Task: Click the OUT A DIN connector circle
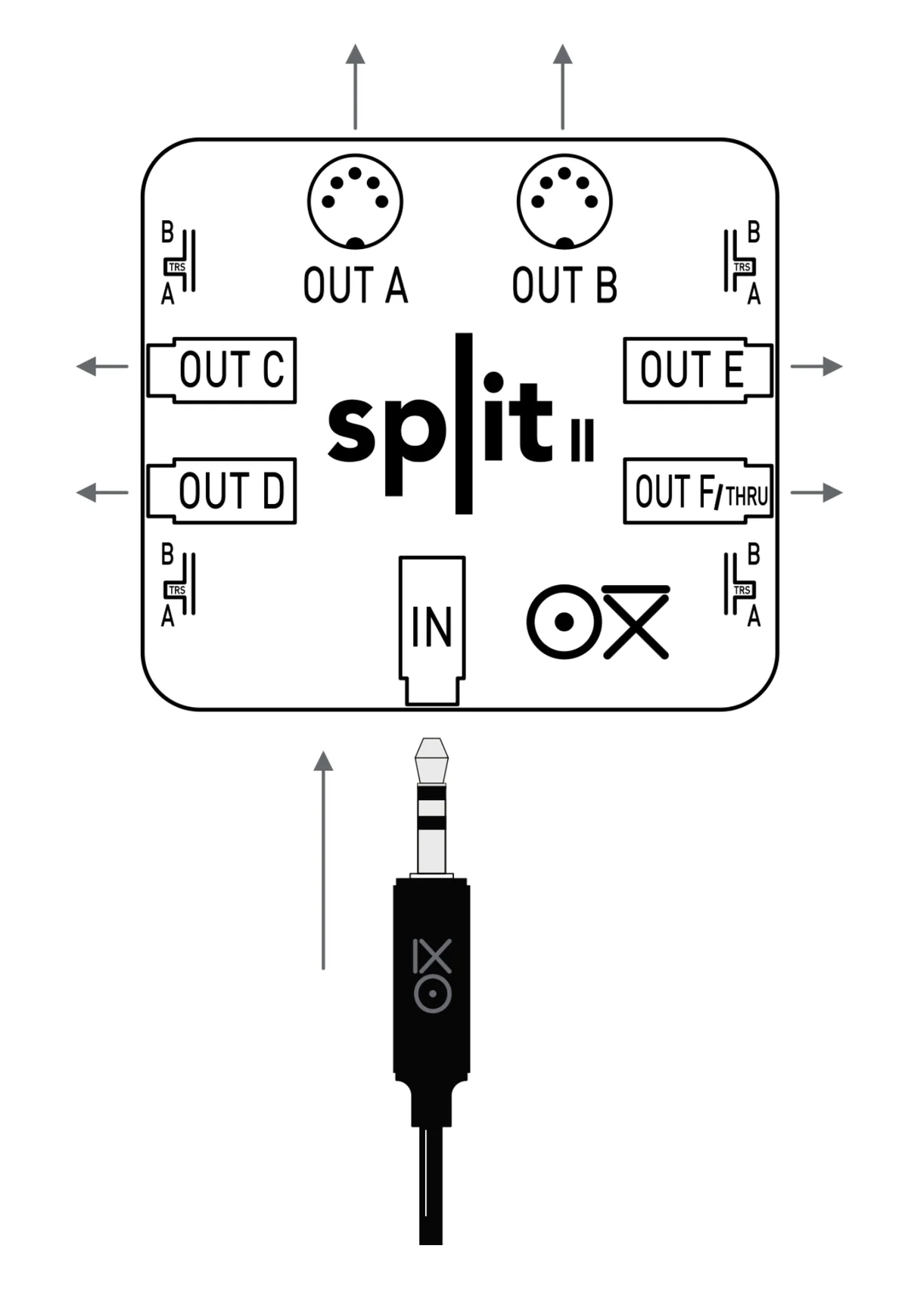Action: (355, 201)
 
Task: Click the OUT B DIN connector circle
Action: (564, 201)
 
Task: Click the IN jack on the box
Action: (432, 628)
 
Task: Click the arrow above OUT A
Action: (355, 86)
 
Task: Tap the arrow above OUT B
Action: (562, 86)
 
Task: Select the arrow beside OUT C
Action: (103, 366)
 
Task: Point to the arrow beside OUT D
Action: (103, 493)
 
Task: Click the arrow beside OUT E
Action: (816, 366)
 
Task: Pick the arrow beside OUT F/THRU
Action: (816, 493)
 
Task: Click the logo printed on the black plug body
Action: (432, 976)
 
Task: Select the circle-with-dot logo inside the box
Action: (563, 621)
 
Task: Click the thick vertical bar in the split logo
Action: (464, 423)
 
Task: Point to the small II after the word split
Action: (582, 440)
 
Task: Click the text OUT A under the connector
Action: (356, 285)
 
